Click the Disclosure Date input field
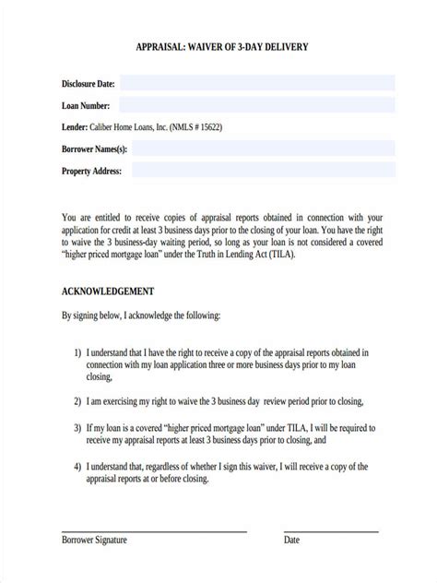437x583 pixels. point(257,83)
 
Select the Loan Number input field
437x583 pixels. point(257,105)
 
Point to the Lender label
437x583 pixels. point(75,126)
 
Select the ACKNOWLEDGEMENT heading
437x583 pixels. point(107,290)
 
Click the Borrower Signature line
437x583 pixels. point(154,531)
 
